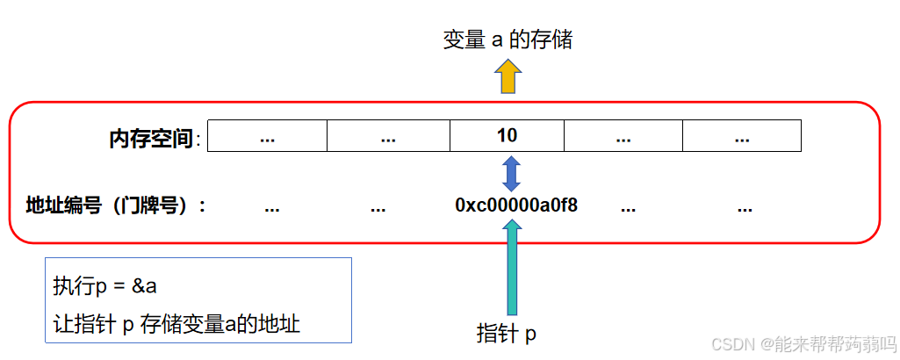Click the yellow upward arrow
click(508, 77)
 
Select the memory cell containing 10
click(507, 136)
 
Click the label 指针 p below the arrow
click(507, 334)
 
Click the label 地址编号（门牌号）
click(116, 206)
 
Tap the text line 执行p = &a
click(104, 286)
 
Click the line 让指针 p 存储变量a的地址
click(176, 324)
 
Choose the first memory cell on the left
click(268, 136)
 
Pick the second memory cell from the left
click(388, 136)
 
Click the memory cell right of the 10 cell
click(623, 136)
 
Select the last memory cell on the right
click(741, 136)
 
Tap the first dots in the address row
click(271, 209)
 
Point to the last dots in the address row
click(745, 209)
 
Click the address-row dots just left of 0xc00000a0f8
click(378, 209)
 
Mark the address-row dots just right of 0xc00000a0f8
click(628, 209)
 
